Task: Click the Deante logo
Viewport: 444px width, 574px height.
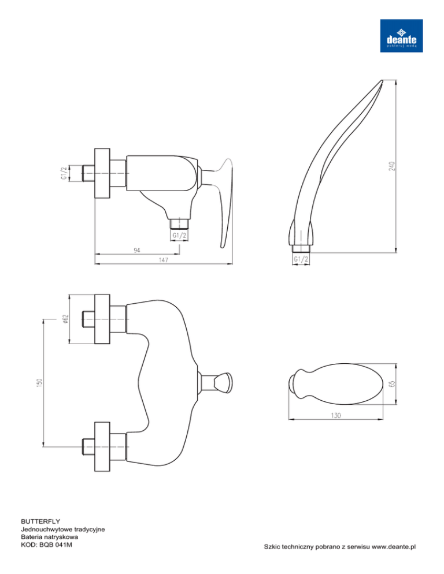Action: [x=401, y=35]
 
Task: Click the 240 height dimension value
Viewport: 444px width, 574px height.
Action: [x=392, y=166]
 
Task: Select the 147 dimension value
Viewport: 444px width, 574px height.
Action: [x=164, y=260]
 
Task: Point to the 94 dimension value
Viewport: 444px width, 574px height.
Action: [x=137, y=250]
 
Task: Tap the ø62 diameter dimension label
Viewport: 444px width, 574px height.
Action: [x=65, y=319]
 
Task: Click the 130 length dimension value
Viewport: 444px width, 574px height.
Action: [x=335, y=416]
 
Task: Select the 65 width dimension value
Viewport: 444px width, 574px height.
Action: [x=392, y=384]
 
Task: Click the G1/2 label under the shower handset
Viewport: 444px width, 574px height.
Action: [x=301, y=259]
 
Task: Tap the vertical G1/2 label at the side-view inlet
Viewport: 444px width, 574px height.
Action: [x=64, y=173]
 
